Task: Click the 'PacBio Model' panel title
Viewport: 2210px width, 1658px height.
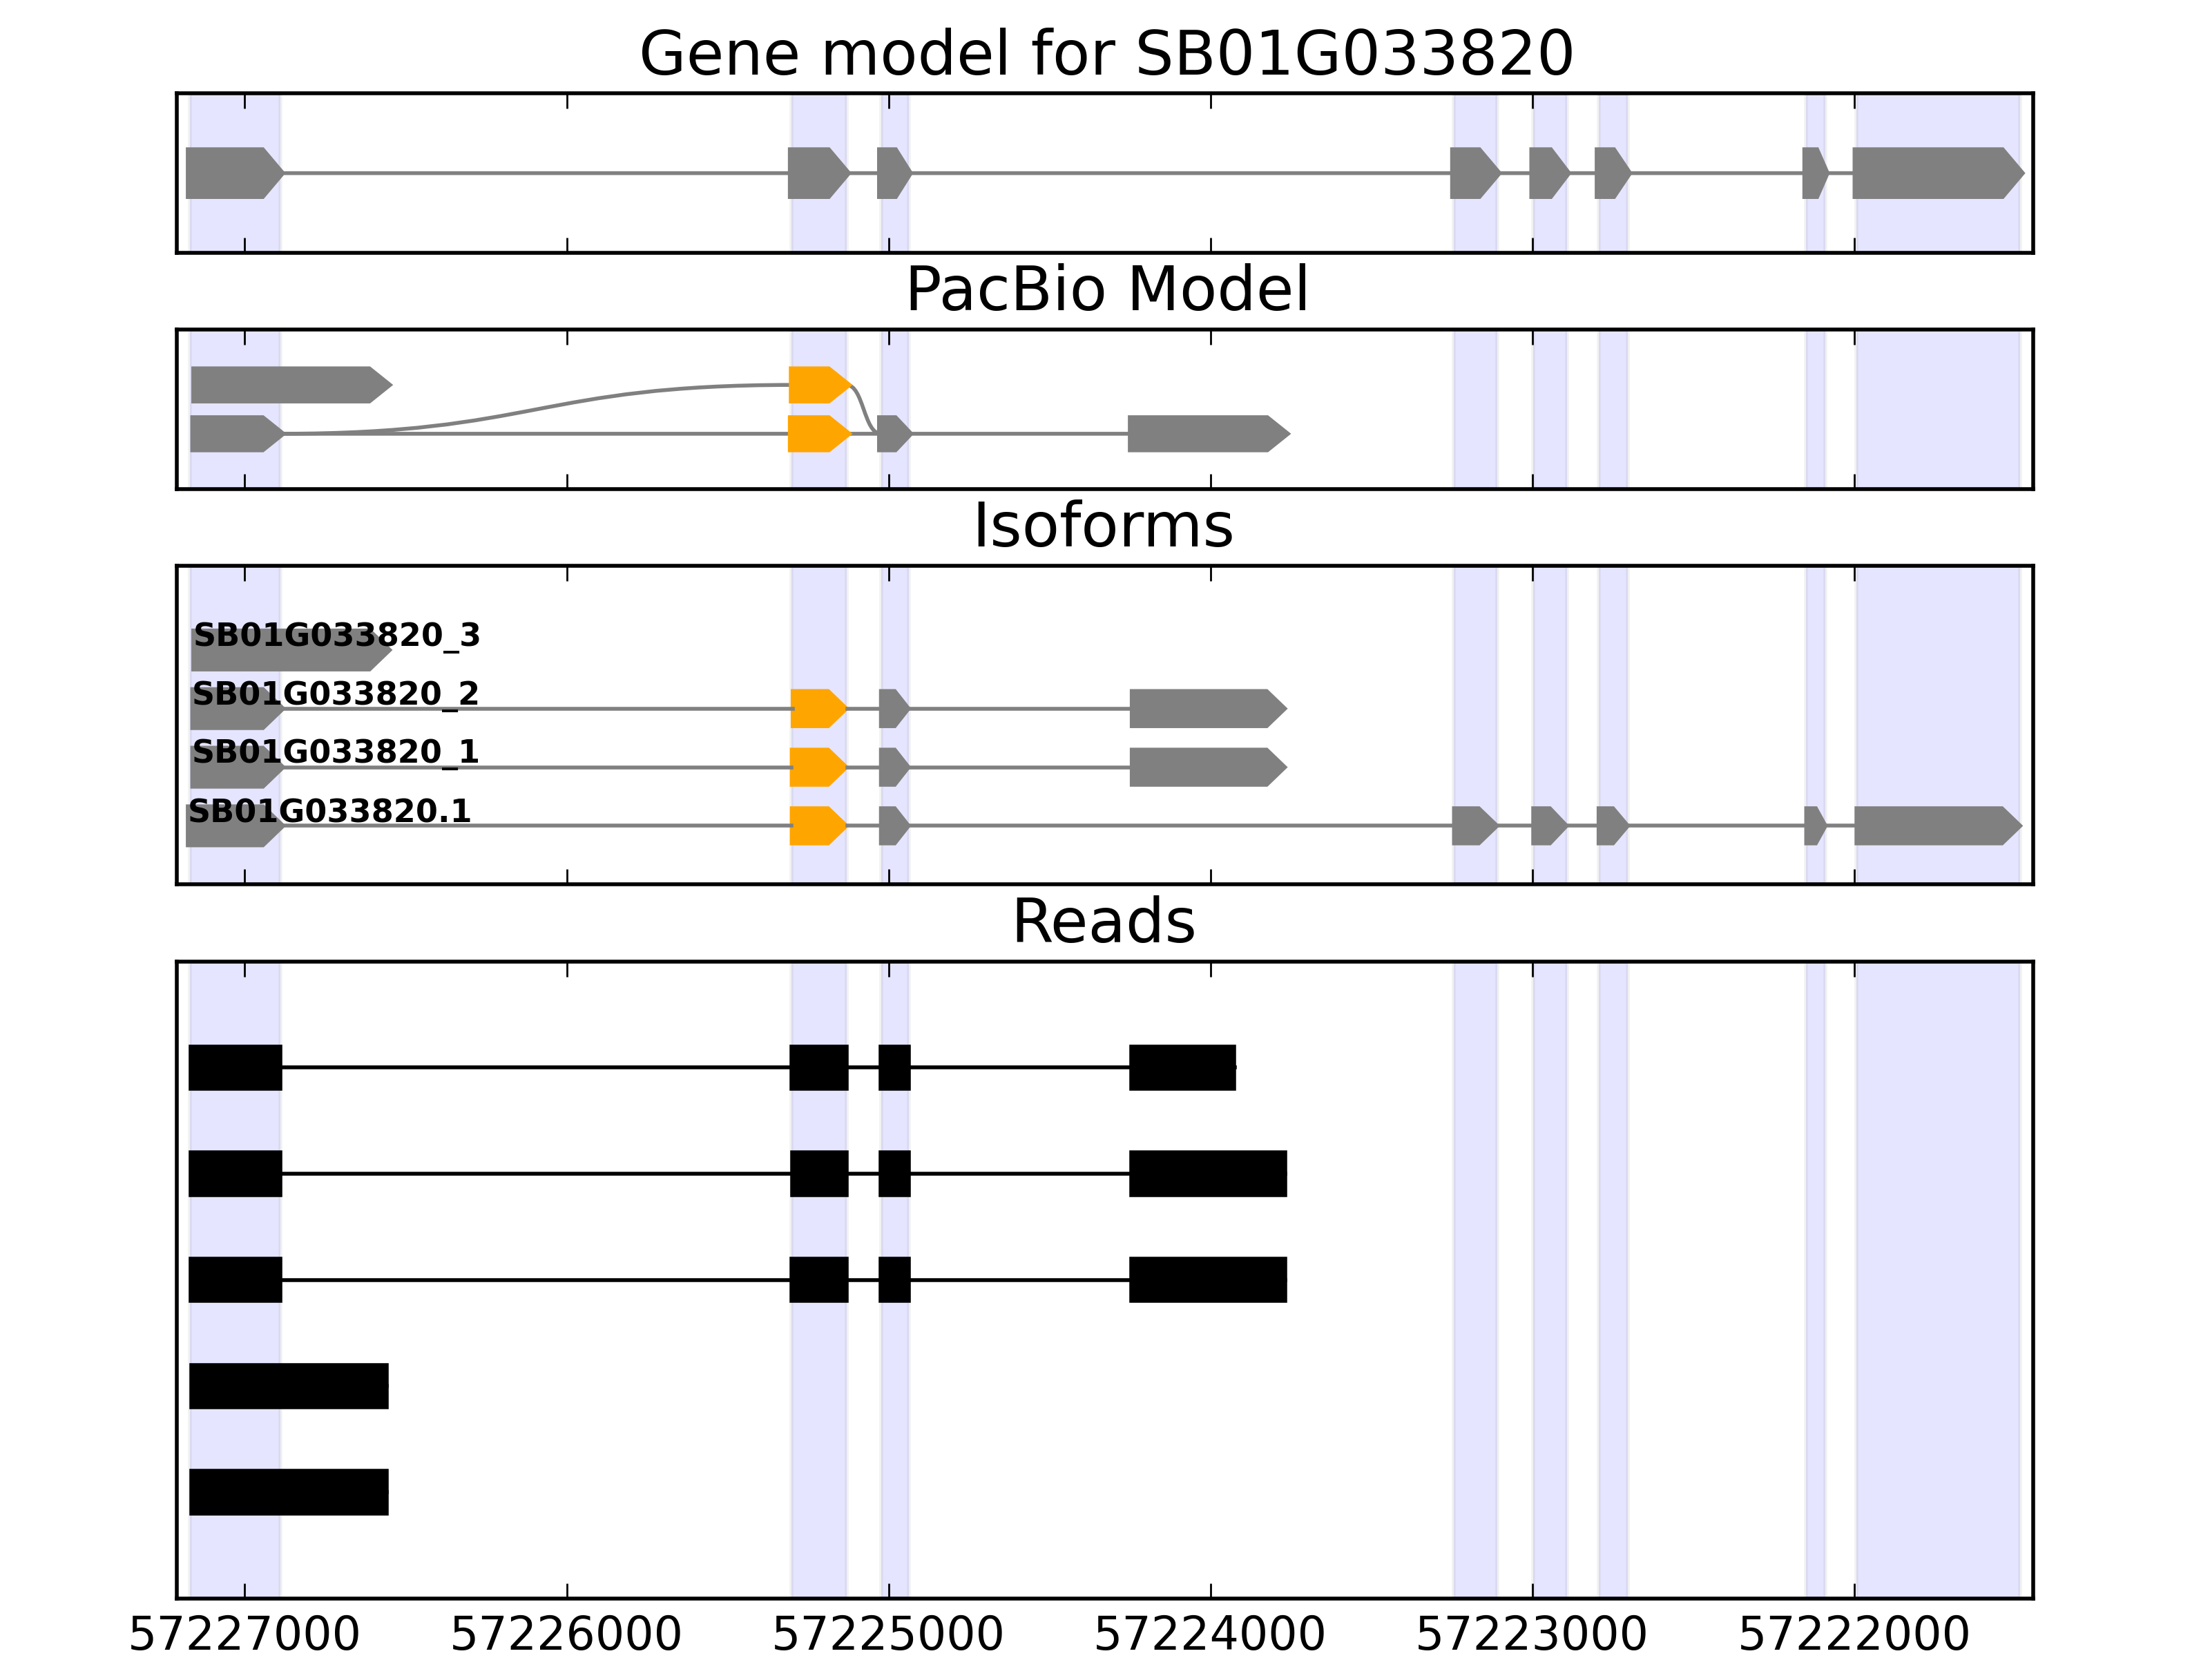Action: coord(1105,290)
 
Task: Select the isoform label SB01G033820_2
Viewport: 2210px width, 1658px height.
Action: coord(335,693)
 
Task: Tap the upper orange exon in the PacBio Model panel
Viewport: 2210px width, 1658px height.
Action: coord(817,385)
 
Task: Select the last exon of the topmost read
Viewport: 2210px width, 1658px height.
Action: coord(1181,1067)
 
